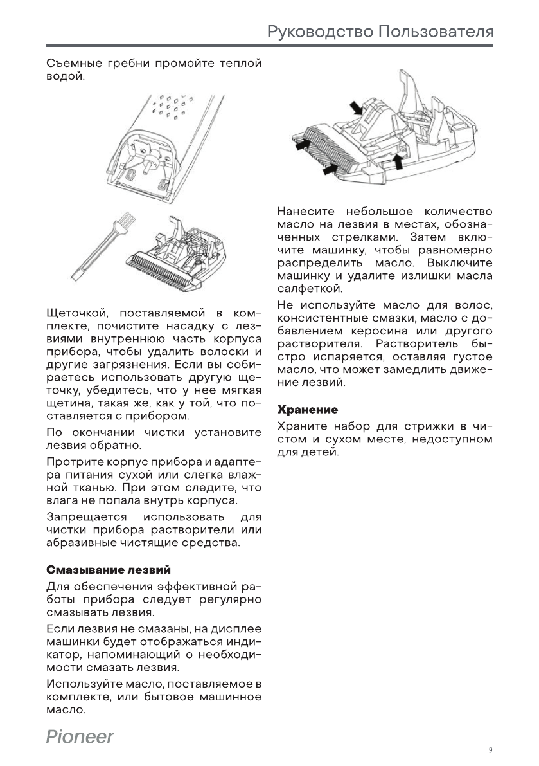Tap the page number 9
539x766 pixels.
pos(490,750)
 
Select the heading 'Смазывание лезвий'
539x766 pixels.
pos(109,570)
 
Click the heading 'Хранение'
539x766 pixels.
pos(307,409)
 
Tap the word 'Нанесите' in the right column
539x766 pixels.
pos(305,212)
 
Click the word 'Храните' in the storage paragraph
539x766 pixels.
pos(301,426)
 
